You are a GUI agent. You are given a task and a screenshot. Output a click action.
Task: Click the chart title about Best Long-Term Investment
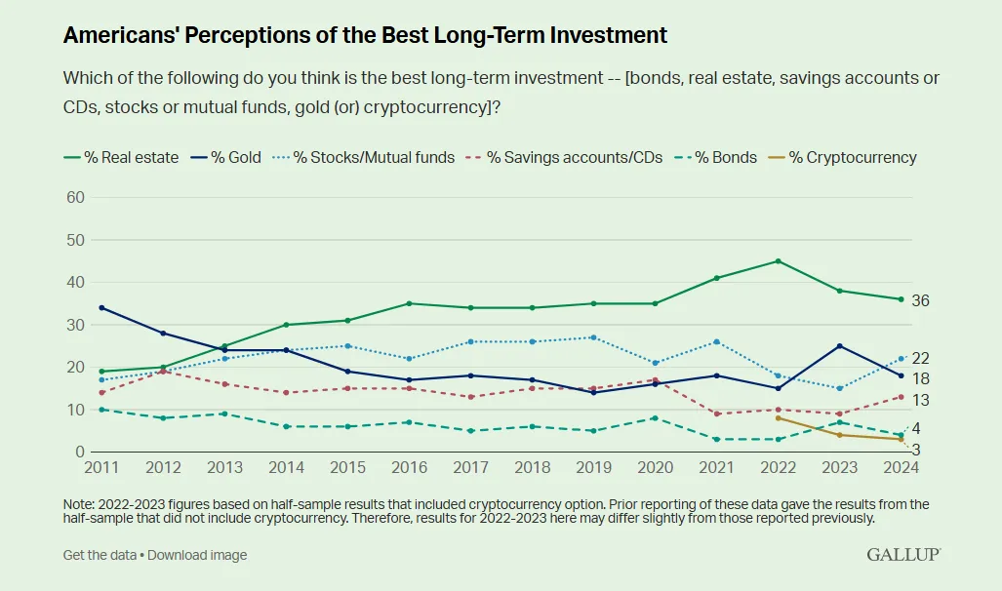(365, 36)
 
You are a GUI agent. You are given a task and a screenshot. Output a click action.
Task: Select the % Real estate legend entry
(121, 157)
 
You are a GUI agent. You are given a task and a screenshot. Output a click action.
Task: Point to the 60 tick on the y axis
(74, 197)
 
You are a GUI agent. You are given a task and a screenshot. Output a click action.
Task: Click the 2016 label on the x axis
(409, 468)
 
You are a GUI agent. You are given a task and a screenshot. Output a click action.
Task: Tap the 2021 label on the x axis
(716, 468)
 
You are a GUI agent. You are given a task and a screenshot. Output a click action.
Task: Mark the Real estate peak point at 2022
(778, 261)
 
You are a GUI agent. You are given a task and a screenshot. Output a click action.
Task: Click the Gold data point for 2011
(101, 308)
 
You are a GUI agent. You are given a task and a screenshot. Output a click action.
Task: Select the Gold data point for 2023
(839, 346)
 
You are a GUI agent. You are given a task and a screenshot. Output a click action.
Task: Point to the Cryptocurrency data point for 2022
(778, 418)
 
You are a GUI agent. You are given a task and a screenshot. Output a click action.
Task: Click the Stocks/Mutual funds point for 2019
(593, 337)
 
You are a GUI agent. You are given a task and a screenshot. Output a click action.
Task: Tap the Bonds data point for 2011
(101, 410)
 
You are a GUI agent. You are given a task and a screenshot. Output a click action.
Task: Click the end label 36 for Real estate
(920, 301)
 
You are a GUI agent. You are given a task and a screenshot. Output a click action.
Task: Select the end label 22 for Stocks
(920, 359)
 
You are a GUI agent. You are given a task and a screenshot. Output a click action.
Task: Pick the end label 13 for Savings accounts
(920, 400)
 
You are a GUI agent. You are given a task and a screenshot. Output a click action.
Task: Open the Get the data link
(99, 555)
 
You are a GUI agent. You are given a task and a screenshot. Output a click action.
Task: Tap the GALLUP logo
(902, 554)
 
